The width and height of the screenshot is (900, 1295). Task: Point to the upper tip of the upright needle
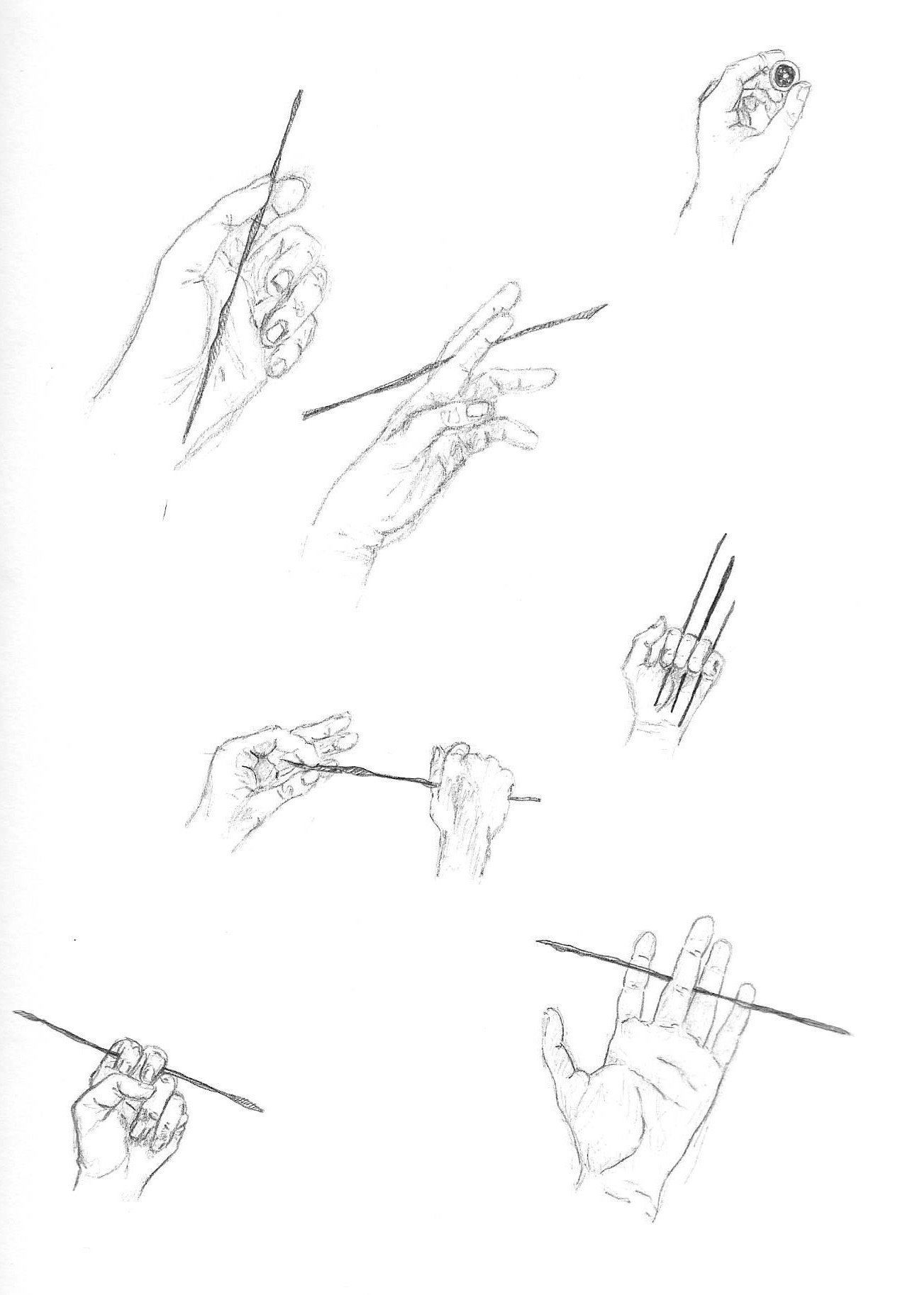click(301, 92)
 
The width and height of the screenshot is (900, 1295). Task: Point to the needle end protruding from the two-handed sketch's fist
click(536, 800)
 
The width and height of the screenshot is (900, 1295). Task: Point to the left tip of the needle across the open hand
click(540, 941)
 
